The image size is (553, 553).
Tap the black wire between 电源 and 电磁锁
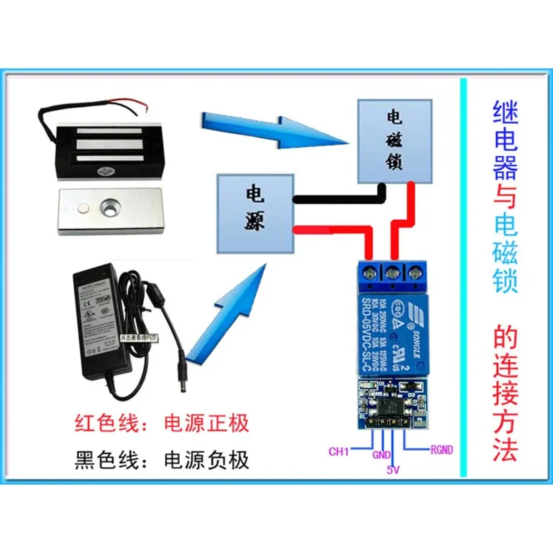tap(339, 199)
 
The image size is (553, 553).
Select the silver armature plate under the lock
tap(111, 210)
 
